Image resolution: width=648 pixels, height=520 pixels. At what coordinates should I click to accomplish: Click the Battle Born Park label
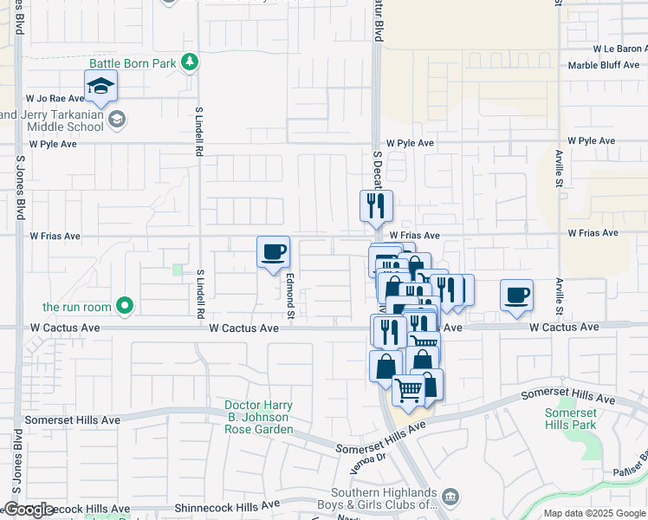(133, 63)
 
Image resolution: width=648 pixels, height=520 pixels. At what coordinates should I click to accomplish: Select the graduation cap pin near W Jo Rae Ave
(100, 87)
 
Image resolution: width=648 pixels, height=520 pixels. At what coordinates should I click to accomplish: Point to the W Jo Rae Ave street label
(55, 99)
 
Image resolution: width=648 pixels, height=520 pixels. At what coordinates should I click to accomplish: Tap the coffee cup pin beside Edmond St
(274, 252)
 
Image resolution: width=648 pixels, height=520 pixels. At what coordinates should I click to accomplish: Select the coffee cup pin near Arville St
(517, 295)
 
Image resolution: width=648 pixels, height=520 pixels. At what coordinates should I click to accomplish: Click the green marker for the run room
(126, 305)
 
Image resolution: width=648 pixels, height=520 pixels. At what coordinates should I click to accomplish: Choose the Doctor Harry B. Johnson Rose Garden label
(258, 417)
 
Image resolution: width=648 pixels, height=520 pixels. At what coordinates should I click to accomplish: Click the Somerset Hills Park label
(571, 419)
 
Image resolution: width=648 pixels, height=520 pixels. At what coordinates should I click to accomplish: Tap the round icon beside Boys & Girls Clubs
(450, 497)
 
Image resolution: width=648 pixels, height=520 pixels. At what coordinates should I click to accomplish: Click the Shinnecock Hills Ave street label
(227, 504)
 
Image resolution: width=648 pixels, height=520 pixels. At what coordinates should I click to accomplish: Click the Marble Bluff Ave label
(607, 66)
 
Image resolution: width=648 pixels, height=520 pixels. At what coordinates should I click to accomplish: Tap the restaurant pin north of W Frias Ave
(376, 206)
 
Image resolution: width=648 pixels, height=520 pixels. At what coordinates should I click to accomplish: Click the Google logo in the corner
(29, 510)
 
